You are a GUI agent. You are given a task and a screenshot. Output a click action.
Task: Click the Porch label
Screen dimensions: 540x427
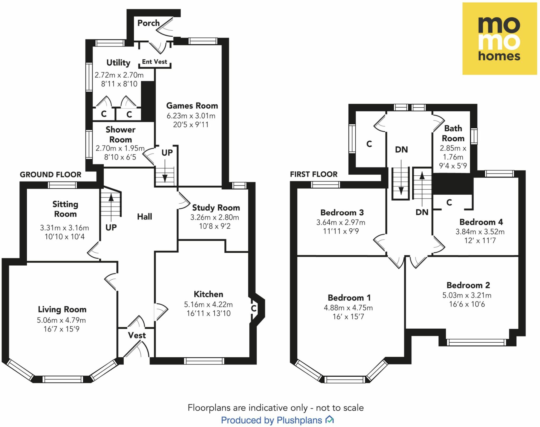148,23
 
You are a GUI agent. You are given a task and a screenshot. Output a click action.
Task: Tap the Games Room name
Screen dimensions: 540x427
192,106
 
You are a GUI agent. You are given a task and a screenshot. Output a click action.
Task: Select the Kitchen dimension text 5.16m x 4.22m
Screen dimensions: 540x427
208,305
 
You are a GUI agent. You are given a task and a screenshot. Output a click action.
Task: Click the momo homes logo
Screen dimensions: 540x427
499,39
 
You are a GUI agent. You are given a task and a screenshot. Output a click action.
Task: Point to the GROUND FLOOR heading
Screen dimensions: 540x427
51,175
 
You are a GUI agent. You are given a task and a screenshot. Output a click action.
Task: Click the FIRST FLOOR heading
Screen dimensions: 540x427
314,174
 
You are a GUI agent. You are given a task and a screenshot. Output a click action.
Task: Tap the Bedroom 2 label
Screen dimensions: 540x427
468,285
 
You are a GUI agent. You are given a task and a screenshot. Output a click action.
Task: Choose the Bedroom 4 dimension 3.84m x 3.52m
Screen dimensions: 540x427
480,232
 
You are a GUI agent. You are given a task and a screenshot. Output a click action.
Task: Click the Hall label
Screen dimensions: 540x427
144,217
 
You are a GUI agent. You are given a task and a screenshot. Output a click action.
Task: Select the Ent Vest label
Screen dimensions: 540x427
155,62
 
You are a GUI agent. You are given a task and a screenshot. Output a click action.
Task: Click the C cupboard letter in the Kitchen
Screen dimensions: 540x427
254,308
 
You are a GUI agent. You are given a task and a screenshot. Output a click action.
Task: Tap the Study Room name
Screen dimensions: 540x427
216,208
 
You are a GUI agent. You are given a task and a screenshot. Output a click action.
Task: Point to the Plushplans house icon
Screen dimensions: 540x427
330,419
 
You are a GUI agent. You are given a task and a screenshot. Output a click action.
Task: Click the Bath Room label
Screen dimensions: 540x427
453,133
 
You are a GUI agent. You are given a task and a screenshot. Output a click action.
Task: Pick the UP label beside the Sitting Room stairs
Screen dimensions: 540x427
111,227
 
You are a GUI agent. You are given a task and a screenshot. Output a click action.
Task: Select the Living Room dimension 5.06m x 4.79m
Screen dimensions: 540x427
61,320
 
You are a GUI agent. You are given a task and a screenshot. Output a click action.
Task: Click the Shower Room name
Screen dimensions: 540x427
120,135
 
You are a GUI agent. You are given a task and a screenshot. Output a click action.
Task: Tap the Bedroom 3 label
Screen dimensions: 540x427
342,213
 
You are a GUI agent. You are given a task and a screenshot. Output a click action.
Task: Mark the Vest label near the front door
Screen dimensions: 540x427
137,335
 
